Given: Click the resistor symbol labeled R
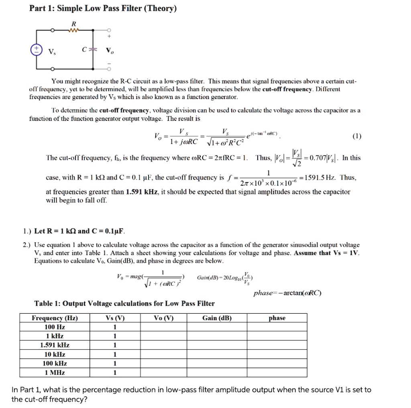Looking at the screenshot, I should coord(73,30).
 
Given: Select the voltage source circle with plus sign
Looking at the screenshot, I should coord(37,50).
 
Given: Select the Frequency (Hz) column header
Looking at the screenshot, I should coord(55,318).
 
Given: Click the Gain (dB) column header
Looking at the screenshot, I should coord(217,318).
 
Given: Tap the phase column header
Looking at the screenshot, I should coord(277,318).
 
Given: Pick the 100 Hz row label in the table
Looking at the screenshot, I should coord(55,327).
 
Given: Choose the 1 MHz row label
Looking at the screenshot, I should coord(55,373).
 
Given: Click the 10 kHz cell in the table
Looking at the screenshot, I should coord(55,355).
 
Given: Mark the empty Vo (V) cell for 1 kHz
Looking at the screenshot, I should coord(163,337).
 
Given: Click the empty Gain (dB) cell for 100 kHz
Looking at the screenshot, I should coord(217,363).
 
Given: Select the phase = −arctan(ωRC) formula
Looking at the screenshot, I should coord(287,293).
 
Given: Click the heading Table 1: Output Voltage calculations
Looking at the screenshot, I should coord(124,304).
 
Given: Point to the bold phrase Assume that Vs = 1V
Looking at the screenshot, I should coord(327,253).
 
